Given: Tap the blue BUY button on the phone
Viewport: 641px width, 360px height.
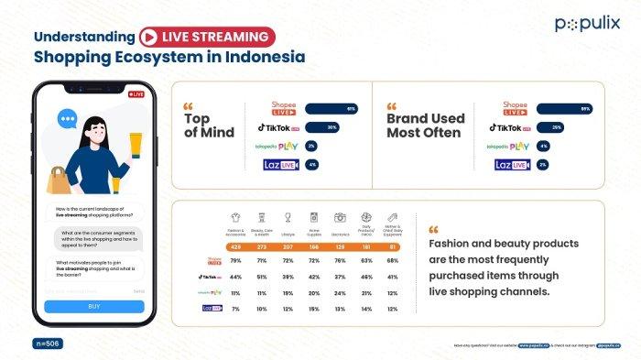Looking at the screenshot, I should click(x=94, y=307).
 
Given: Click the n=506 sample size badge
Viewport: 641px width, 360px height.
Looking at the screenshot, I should click(x=49, y=342).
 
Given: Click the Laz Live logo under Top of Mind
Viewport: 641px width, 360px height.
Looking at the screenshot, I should click(x=277, y=165).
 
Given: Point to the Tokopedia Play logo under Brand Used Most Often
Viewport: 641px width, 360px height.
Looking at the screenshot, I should click(x=508, y=147).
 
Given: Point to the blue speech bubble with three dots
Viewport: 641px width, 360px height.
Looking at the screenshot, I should click(x=68, y=119).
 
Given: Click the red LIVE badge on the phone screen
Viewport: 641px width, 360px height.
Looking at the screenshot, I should click(x=136, y=94).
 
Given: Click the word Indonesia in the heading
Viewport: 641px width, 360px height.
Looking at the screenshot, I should click(x=260, y=57).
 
